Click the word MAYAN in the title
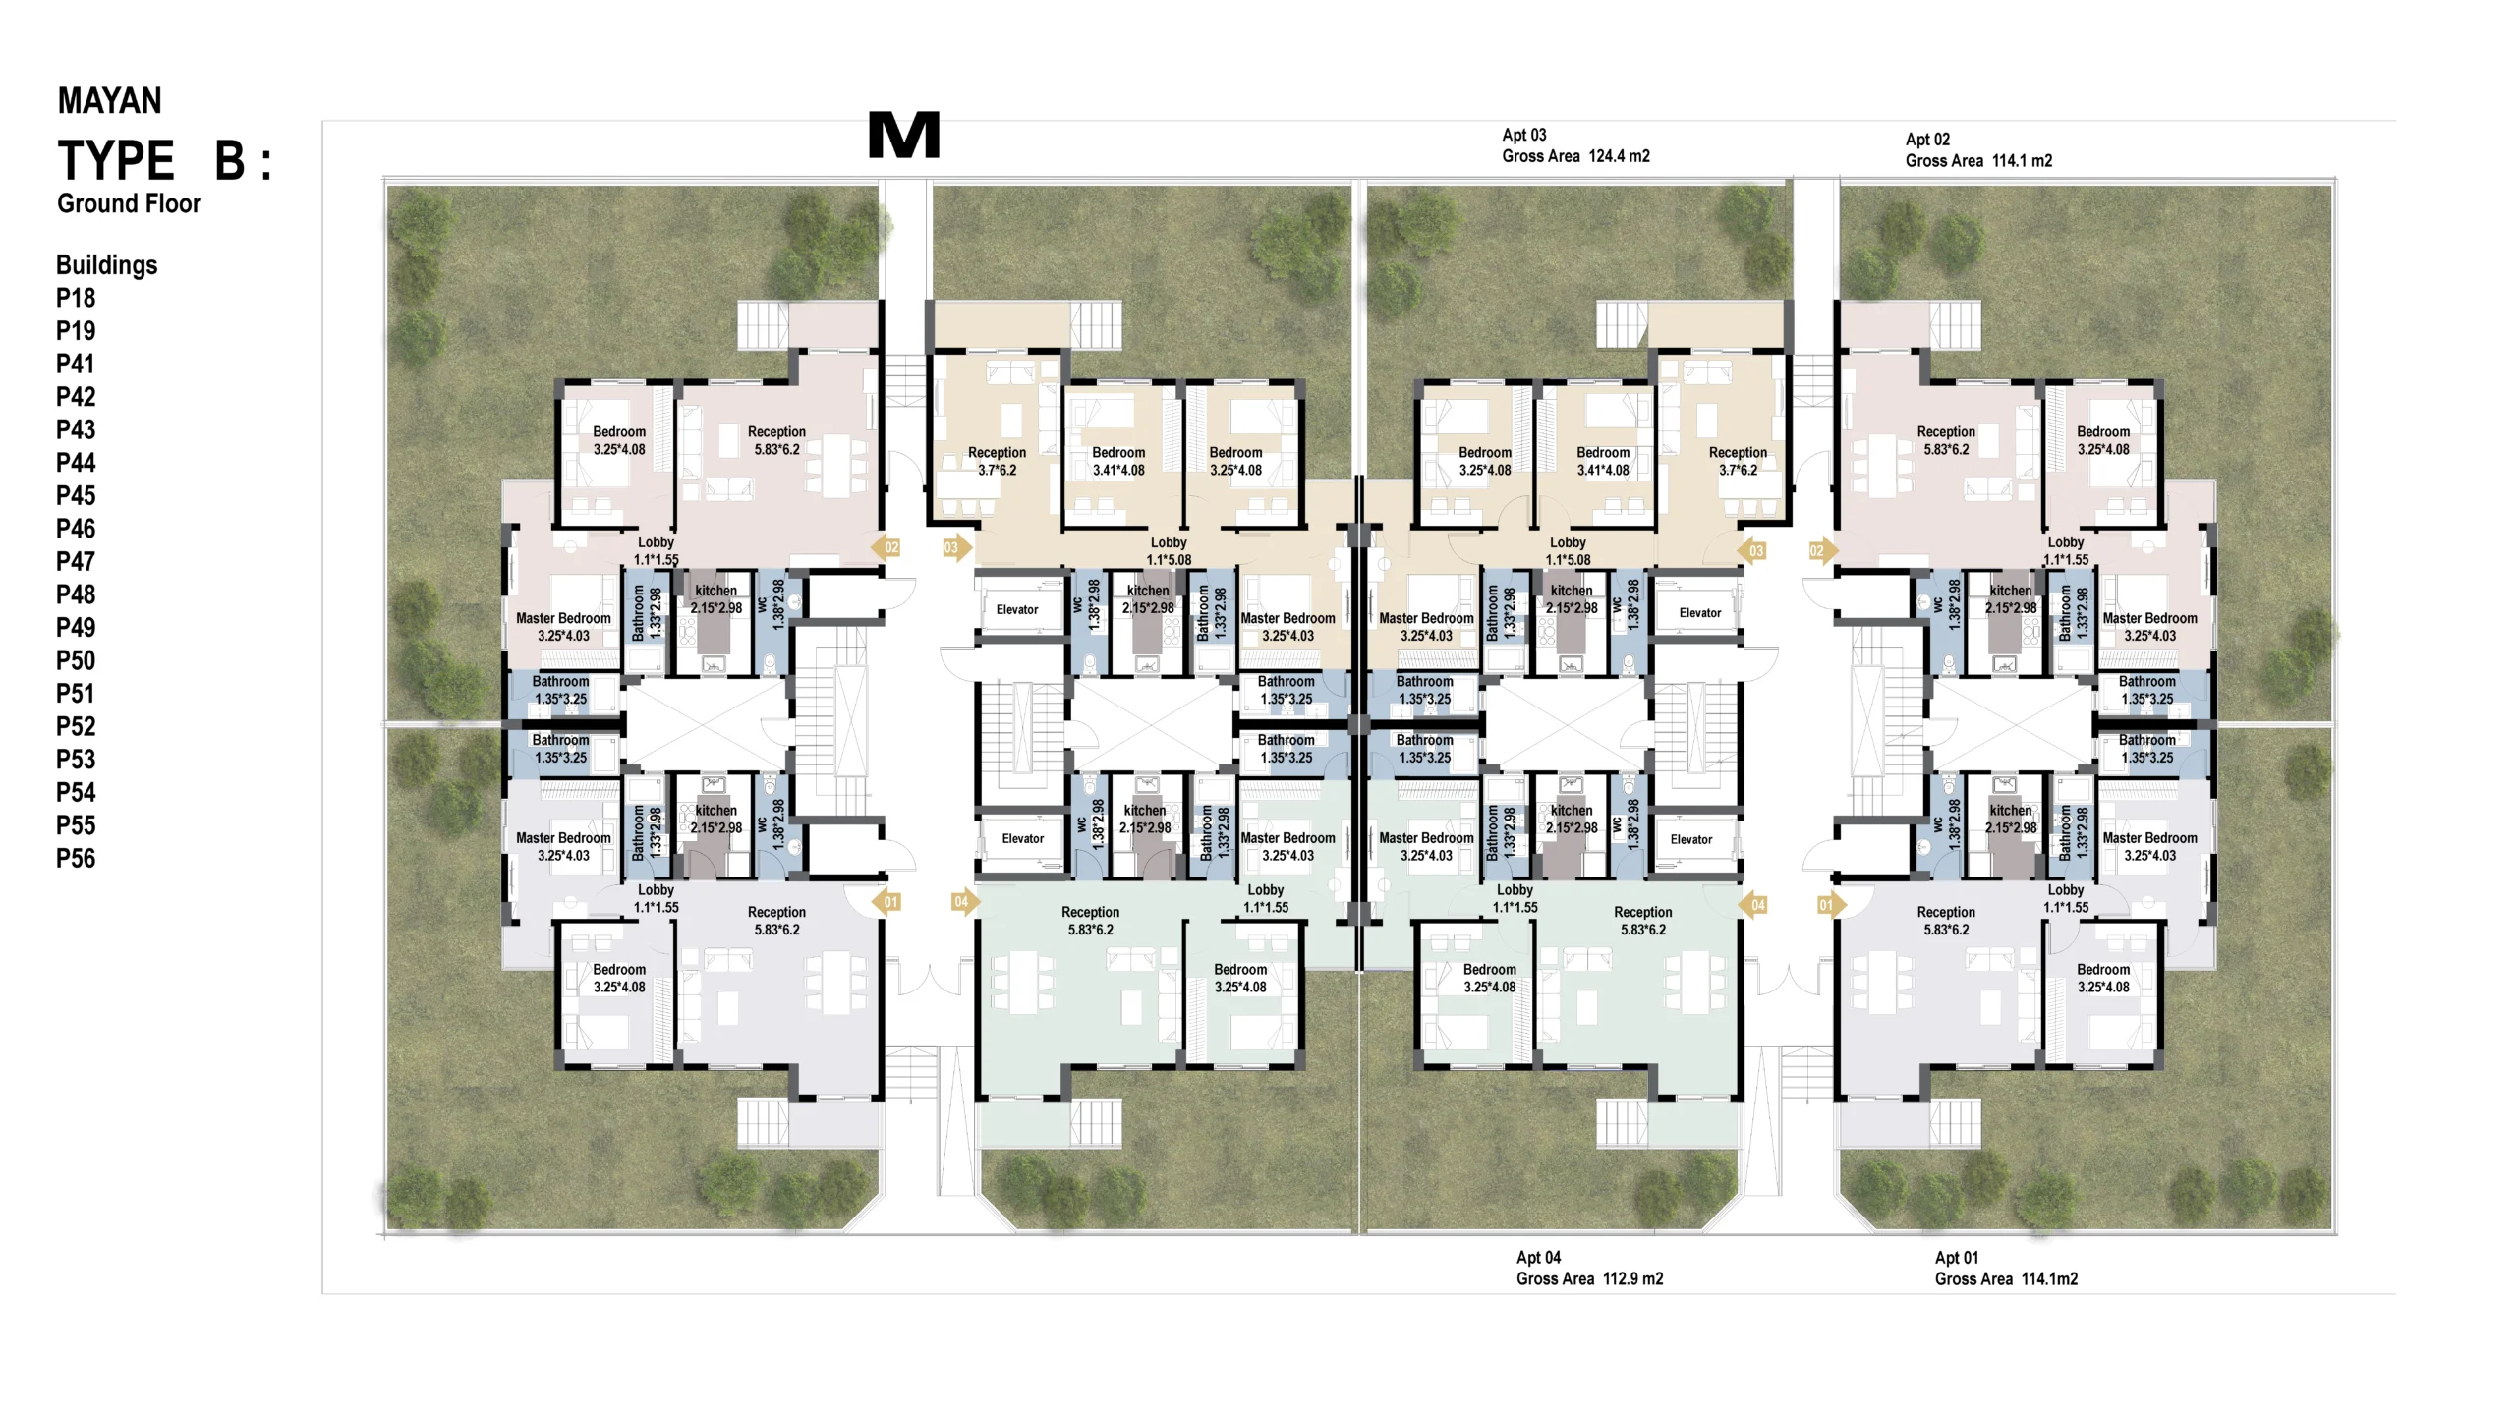click(109, 100)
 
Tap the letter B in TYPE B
click(230, 160)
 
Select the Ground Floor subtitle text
click(129, 203)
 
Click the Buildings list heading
click(106, 265)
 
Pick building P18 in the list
click(76, 298)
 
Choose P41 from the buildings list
click(76, 364)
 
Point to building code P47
click(76, 561)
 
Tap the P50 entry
click(76, 660)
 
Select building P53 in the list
click(76, 760)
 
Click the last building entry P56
click(76, 858)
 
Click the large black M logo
click(904, 136)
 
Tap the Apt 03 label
click(1524, 135)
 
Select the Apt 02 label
click(1927, 140)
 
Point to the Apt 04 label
click(1538, 1257)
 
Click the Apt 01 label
click(1957, 1257)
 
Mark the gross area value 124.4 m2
click(1620, 156)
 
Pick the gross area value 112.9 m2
click(1633, 1278)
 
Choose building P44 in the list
click(76, 463)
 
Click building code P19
click(76, 331)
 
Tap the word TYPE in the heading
click(116, 160)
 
